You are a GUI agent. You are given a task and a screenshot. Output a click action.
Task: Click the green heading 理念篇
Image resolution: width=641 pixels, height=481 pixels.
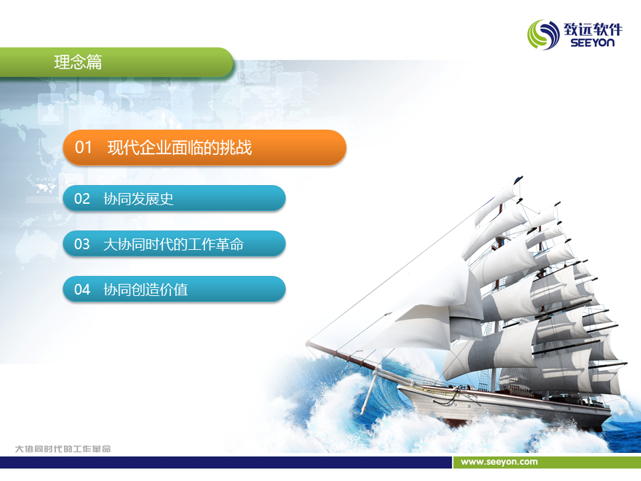click(x=77, y=62)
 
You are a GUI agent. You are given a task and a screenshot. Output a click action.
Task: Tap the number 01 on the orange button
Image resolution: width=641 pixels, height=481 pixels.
click(x=83, y=147)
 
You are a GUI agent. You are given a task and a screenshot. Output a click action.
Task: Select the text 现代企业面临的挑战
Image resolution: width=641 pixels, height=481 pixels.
click(x=180, y=147)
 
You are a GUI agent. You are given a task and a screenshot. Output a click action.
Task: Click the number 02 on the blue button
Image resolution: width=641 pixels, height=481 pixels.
click(x=81, y=199)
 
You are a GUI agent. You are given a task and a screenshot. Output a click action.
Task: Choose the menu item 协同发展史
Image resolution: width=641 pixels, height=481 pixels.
click(x=138, y=199)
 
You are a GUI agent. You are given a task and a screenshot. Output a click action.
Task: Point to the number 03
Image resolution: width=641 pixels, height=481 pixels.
click(x=81, y=245)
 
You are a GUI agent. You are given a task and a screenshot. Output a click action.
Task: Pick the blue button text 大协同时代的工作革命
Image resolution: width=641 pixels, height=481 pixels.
click(x=174, y=245)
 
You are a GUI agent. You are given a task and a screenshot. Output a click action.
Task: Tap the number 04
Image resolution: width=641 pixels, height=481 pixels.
click(x=81, y=289)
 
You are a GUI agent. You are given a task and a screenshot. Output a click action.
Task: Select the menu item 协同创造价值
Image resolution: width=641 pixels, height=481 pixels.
click(x=145, y=289)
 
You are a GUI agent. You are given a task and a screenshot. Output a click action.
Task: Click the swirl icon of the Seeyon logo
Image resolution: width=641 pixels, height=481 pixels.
click(x=544, y=35)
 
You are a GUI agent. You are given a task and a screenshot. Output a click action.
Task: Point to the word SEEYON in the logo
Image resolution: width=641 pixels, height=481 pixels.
click(x=592, y=43)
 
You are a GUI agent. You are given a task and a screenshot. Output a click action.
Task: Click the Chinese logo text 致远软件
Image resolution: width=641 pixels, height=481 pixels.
click(x=593, y=29)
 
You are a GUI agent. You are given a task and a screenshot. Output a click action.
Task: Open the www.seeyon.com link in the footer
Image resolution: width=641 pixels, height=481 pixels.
click(x=499, y=462)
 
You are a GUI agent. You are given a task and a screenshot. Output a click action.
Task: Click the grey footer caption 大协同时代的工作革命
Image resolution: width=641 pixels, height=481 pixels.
click(x=63, y=449)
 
